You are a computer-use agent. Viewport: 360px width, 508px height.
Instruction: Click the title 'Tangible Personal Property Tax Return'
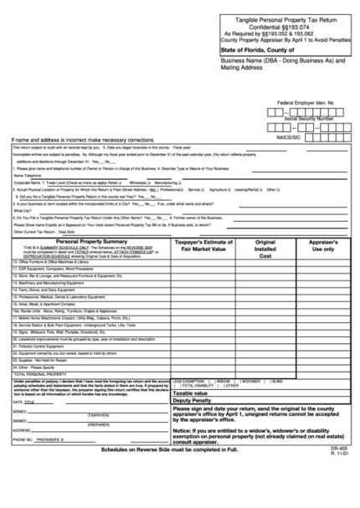click(x=284, y=18)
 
